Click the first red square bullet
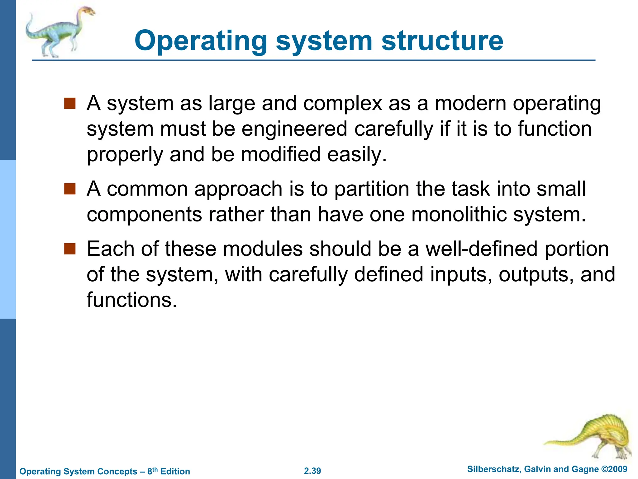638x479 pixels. tap(70, 104)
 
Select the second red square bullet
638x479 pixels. tap(70, 189)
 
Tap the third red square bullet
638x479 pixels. tap(70, 249)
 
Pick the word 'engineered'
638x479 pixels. tap(294, 129)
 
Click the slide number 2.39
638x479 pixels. tap(312, 471)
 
